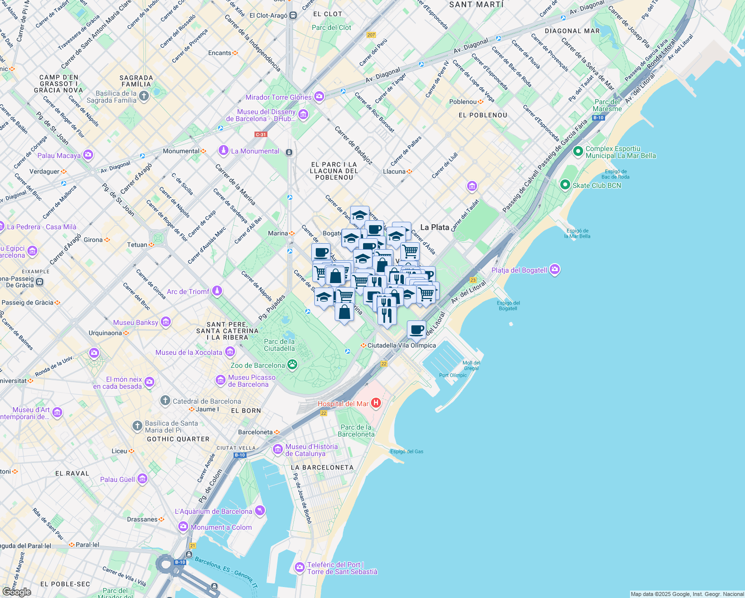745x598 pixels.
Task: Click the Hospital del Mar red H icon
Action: pyautogui.click(x=376, y=403)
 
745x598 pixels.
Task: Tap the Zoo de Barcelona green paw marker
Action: pyautogui.click(x=292, y=365)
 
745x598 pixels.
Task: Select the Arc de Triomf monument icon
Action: pyautogui.click(x=217, y=291)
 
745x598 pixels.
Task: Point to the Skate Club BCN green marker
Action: pyautogui.click(x=565, y=185)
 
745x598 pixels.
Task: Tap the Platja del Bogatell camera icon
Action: pyautogui.click(x=555, y=270)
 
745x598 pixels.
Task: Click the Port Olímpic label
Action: pyautogui.click(x=453, y=375)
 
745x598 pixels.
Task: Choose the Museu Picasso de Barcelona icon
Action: pyautogui.click(x=221, y=381)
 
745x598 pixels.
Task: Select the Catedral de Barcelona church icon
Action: pyautogui.click(x=165, y=401)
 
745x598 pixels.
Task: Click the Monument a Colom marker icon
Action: pyautogui.click(x=183, y=527)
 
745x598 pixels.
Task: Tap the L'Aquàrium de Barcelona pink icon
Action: pyautogui.click(x=259, y=511)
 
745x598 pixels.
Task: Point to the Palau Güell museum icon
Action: pyautogui.click(x=142, y=479)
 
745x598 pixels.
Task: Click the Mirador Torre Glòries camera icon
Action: pyautogui.click(x=319, y=96)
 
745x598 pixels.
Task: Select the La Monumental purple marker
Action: pyautogui.click(x=224, y=150)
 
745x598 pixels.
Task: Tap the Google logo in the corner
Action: pyautogui.click(x=16, y=592)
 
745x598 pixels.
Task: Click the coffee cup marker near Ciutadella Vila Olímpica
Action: pyautogui.click(x=416, y=329)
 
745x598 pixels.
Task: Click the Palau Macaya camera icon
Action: pyautogui.click(x=88, y=155)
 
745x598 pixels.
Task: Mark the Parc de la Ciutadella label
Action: pyautogui.click(x=279, y=345)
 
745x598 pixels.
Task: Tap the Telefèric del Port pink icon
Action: pyautogui.click(x=299, y=567)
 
